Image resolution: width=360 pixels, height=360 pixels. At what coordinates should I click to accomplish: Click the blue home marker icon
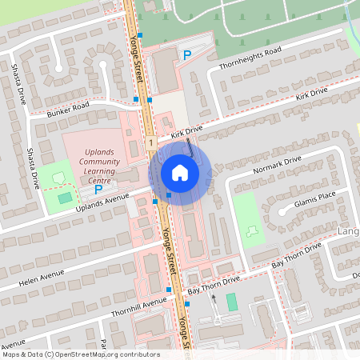point(180,172)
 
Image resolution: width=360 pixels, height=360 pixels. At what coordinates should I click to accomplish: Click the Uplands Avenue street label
point(102,202)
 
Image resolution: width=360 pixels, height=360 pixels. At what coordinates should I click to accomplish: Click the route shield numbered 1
point(150,142)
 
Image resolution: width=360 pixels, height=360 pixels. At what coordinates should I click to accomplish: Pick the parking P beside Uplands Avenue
point(98,190)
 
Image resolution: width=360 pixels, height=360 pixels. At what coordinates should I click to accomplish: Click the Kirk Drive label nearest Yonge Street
point(185,130)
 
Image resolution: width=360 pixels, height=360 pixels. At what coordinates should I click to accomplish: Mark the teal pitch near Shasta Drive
point(65,197)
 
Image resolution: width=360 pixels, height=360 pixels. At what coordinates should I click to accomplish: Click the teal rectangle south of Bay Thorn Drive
point(232,302)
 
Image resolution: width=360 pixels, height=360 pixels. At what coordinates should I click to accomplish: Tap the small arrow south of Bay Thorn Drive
point(213,298)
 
